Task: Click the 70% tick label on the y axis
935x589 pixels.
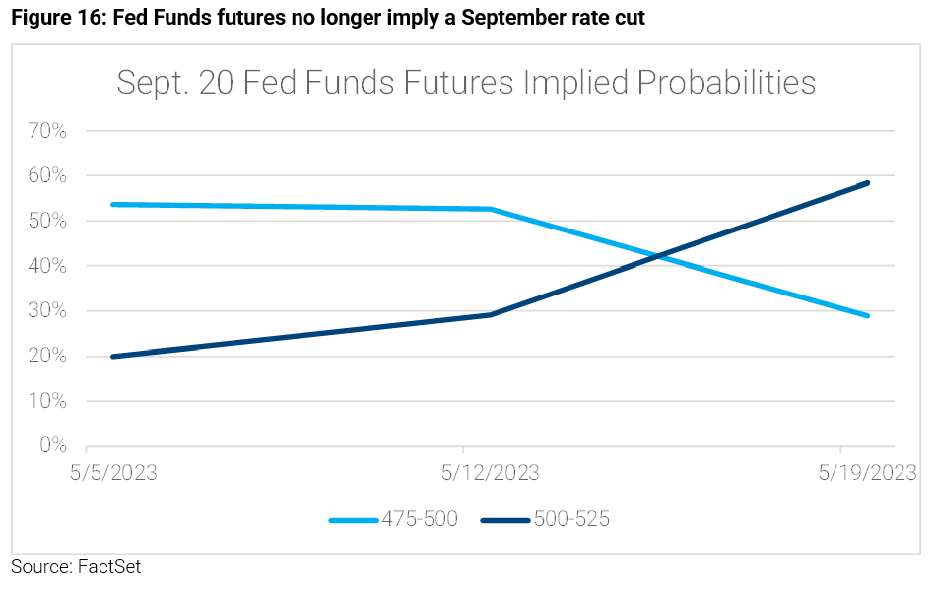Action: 45,131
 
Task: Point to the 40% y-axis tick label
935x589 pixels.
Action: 45,266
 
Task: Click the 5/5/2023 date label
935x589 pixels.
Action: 113,474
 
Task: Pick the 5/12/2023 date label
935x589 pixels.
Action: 490,474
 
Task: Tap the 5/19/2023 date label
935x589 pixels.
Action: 867,474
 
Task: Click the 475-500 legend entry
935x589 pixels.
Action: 394,519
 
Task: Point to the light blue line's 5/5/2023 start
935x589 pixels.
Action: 114,204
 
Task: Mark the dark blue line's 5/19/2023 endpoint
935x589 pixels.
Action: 867,182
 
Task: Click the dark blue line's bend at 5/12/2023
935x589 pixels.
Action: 491,314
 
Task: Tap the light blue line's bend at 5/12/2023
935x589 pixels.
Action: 491,209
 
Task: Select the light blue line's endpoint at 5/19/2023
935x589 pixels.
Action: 867,315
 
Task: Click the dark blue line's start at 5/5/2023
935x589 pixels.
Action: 114,356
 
